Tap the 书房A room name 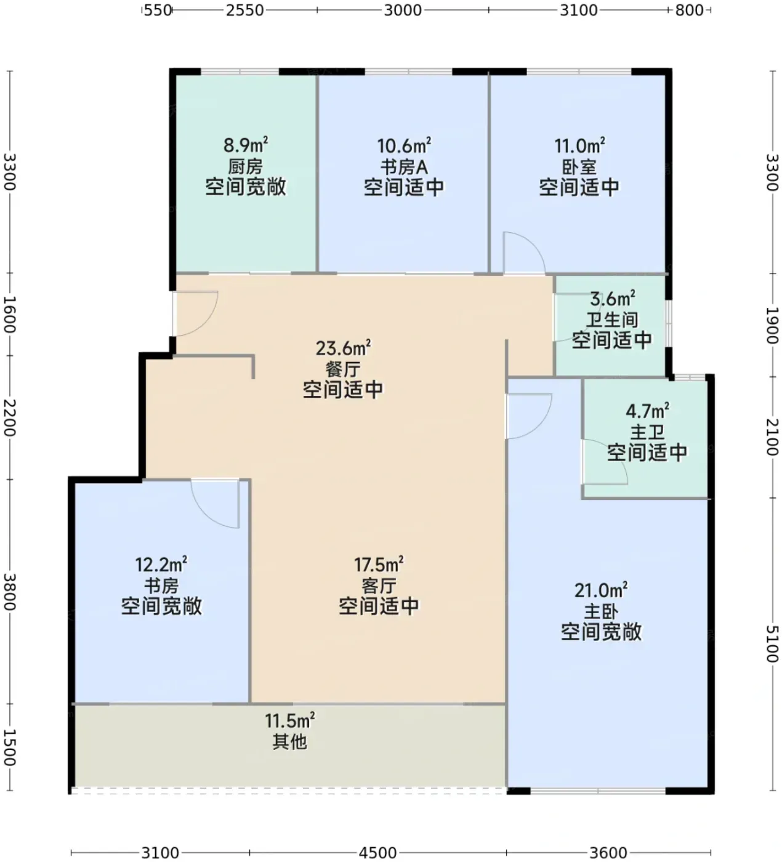(404, 167)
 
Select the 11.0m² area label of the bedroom (579, 146)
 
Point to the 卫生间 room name (612, 320)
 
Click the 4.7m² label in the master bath (647, 411)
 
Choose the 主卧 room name (601, 611)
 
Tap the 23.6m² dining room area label (343, 348)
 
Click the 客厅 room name (379, 586)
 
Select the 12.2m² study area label (161, 564)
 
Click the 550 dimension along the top (158, 10)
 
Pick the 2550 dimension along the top (245, 10)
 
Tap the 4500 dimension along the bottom (378, 853)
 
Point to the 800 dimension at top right (689, 10)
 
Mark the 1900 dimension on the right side (773, 325)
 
